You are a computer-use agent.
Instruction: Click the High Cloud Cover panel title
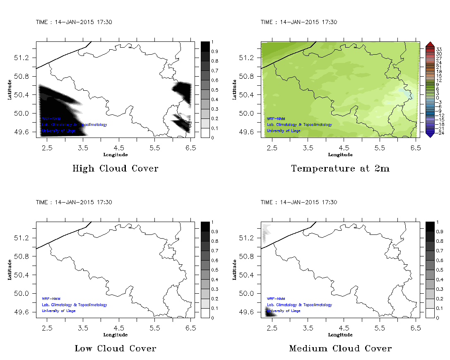[x=115, y=169]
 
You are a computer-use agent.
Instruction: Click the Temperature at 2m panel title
[x=340, y=169]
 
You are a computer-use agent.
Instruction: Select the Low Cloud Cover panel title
[x=115, y=348]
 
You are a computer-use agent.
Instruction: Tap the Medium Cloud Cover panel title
[x=340, y=348]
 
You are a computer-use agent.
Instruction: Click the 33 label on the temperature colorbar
[x=439, y=49]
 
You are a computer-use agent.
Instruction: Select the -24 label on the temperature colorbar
[x=439, y=133]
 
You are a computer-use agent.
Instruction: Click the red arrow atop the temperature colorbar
[x=429, y=44]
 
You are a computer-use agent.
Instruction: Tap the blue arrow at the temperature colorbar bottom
[x=429, y=135]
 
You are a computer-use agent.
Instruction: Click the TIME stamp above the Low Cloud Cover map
[x=74, y=203]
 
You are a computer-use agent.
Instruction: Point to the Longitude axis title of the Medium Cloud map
[x=340, y=335]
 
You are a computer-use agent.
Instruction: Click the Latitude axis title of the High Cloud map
[x=9, y=89]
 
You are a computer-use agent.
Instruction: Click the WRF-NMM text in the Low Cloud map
[x=48, y=299]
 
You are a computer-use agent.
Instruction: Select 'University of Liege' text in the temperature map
[x=283, y=130]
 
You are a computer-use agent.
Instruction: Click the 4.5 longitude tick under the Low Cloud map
[x=119, y=328]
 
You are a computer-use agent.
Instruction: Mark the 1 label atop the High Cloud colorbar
[x=212, y=42]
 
